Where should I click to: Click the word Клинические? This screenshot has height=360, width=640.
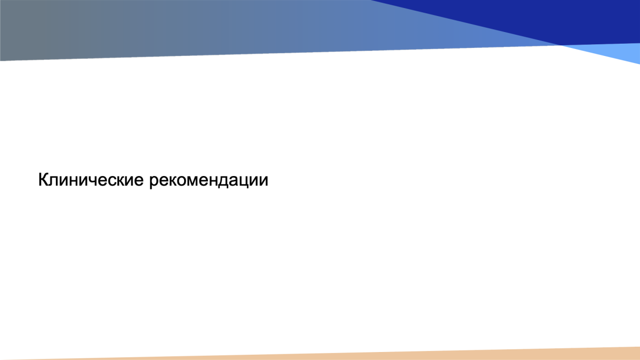tap(91, 180)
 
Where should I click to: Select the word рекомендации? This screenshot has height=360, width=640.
tap(209, 181)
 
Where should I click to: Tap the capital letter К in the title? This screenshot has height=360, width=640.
tap(43, 180)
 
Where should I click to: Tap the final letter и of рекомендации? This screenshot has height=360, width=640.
tap(263, 182)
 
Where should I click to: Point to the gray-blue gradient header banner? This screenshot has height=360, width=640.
tap(229, 27)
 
